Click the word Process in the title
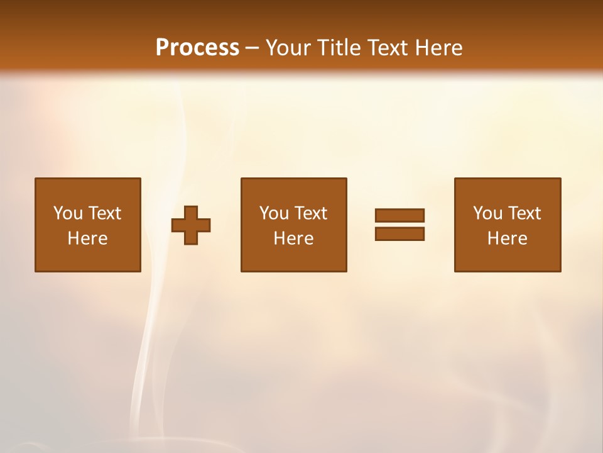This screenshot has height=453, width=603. pos(197,48)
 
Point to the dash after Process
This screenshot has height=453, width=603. pos(252,48)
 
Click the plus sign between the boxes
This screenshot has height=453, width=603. pos(191,225)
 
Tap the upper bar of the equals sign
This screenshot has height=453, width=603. pos(399,216)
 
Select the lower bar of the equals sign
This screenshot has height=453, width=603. pos(399,233)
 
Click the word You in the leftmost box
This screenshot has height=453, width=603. pos(68,213)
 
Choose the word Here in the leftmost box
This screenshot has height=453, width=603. pos(87,238)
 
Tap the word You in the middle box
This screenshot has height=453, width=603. pos(274,213)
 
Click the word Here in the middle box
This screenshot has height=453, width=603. pos(293,238)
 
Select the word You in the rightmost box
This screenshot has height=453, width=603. pos(487,213)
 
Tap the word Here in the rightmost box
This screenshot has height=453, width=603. pos(507,238)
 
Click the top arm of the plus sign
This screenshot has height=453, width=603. pos(191,212)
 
